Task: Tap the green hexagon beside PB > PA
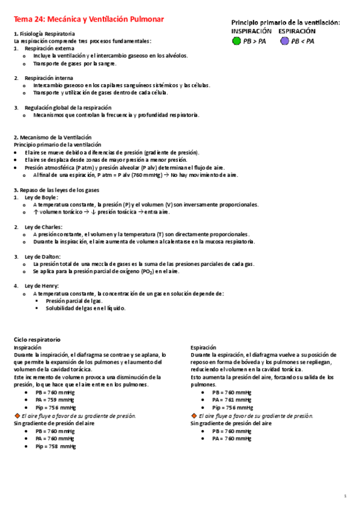237,41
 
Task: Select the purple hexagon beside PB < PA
284,41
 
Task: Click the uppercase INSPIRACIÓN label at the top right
251,31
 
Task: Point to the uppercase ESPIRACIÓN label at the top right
297,31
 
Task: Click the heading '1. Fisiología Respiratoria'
44,34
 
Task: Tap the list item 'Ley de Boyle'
41,197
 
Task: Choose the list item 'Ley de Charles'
43,227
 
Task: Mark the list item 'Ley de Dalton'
43,257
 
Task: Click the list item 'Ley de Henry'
41,285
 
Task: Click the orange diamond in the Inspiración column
17,416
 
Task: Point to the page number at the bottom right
346,496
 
